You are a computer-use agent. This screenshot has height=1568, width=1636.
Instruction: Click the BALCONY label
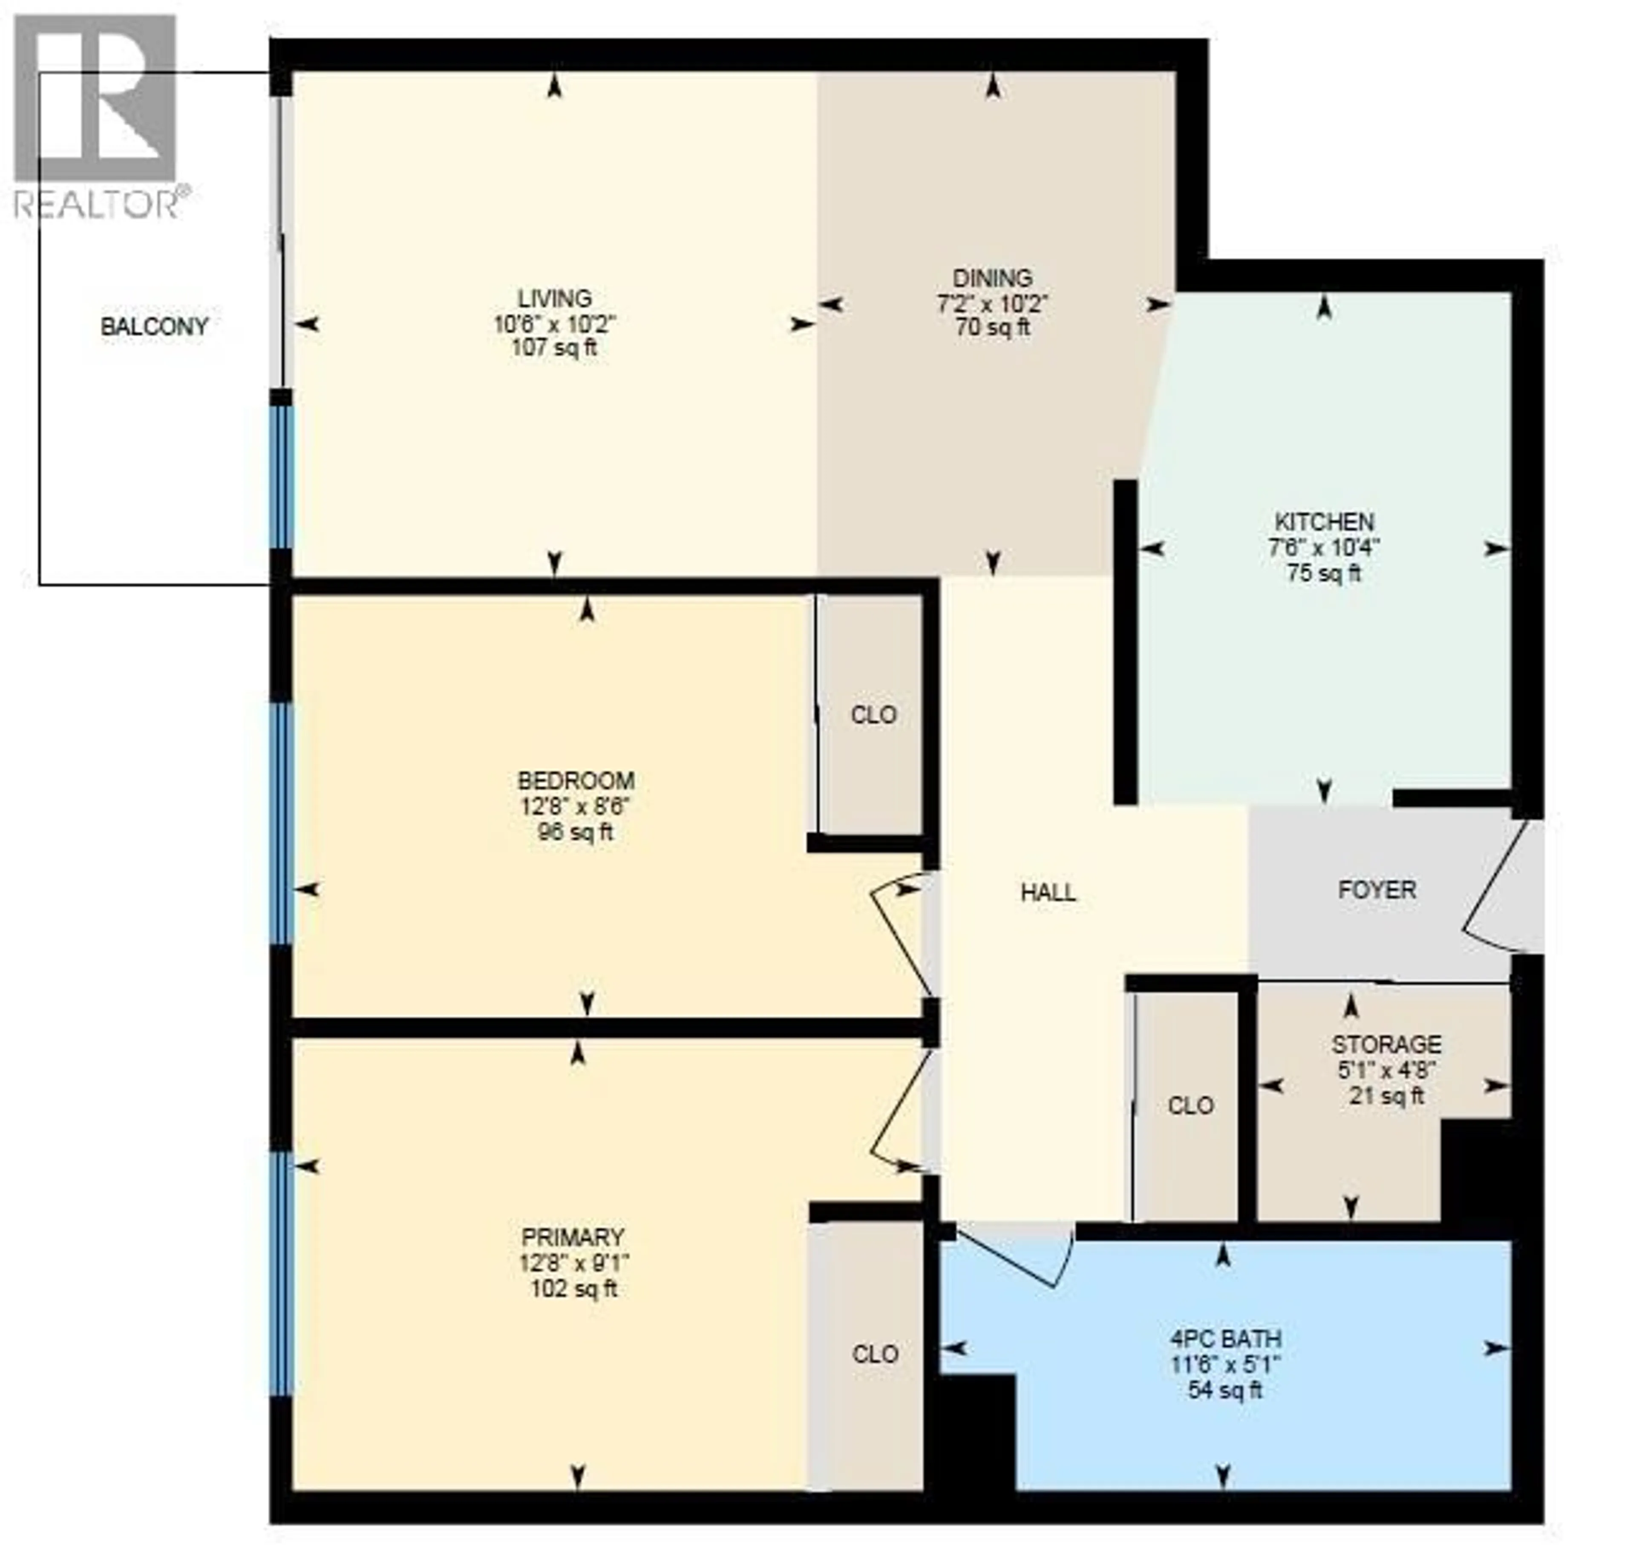[154, 326]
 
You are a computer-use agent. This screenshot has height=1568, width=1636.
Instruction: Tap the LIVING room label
[554, 298]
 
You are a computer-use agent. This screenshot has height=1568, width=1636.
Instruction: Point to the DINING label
[992, 278]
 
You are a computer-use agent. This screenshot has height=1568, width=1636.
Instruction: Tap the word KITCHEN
[1324, 523]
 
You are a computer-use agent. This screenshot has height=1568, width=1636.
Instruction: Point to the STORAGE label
[1386, 1045]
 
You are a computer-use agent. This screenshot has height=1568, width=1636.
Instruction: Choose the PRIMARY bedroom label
[573, 1237]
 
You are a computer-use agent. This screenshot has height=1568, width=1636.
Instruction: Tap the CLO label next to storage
[1190, 1106]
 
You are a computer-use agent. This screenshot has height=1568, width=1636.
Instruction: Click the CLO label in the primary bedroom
[875, 1354]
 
